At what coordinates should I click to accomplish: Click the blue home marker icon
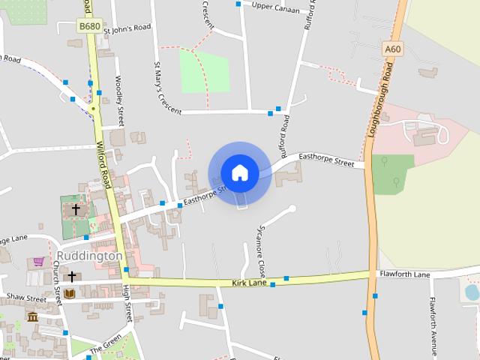(x=239, y=172)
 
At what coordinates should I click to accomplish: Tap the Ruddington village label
(x=89, y=256)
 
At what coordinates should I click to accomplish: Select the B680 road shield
(x=90, y=26)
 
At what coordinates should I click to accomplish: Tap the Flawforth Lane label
(x=404, y=275)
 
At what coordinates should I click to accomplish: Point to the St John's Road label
(x=127, y=28)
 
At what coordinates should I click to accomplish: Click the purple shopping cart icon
(x=38, y=262)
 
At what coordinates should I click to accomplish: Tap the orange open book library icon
(x=70, y=293)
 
